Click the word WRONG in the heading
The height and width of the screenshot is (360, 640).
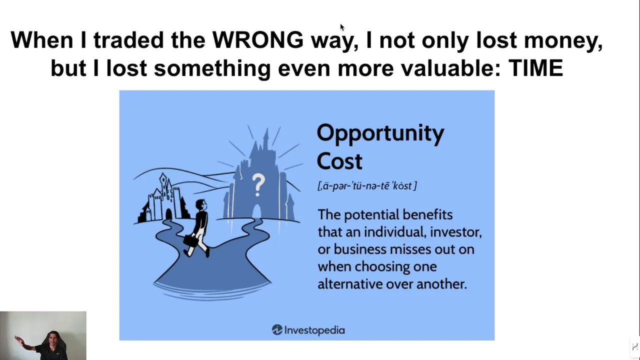click(257, 39)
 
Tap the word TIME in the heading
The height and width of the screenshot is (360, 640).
click(535, 68)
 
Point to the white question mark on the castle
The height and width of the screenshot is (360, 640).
click(258, 184)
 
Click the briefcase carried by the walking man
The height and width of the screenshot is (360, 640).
click(191, 240)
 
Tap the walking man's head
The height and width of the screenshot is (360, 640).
click(201, 205)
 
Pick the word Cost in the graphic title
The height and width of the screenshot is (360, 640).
click(339, 161)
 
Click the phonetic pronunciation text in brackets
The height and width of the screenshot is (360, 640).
click(367, 185)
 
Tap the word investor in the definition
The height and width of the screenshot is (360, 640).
click(455, 231)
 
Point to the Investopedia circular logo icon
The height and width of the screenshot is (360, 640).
click(277, 329)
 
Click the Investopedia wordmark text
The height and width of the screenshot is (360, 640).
click(315, 330)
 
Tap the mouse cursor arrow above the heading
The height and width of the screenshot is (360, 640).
click(342, 27)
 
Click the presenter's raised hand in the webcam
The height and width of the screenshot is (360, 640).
click(19, 340)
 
